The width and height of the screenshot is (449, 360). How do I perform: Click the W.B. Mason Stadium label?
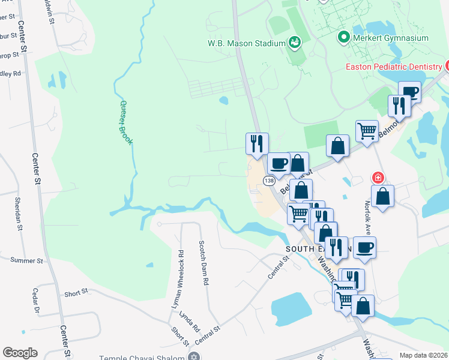click(245, 43)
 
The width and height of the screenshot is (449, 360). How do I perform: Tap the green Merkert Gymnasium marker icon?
click(344, 38)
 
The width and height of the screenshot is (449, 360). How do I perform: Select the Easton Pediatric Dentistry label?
click(394, 67)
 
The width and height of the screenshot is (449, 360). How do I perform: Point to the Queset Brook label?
click(125, 123)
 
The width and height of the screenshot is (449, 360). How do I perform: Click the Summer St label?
click(27, 261)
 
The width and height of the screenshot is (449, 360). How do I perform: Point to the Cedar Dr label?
click(35, 303)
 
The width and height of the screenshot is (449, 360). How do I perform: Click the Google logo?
click(20, 353)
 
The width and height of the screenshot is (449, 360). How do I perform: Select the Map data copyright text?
click(424, 355)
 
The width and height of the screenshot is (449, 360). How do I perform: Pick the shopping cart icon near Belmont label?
click(367, 130)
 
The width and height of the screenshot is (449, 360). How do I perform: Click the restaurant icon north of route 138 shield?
click(257, 143)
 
